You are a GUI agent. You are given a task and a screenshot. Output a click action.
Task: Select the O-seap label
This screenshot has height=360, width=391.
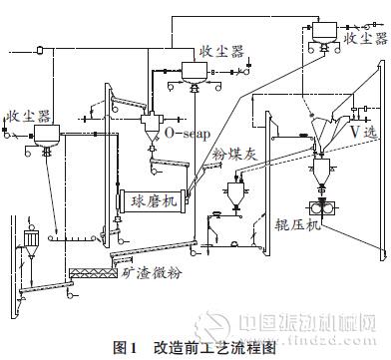186,132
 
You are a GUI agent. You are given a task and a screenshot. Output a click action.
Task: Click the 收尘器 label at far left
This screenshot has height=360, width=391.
26,115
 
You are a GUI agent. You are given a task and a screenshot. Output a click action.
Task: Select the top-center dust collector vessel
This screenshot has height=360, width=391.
193,69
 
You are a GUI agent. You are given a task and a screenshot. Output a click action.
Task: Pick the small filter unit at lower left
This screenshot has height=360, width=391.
31,239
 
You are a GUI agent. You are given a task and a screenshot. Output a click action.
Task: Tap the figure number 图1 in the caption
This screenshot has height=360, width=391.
126,347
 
